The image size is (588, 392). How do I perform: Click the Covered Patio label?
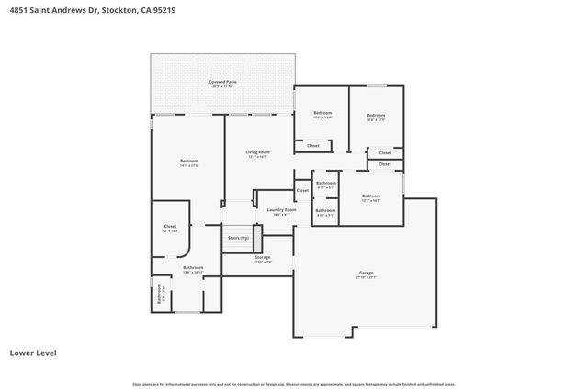[x=222, y=82]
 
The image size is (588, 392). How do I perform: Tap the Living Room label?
[x=257, y=151]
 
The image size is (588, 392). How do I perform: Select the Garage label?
[x=366, y=273]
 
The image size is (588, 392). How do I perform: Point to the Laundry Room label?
[x=281, y=209]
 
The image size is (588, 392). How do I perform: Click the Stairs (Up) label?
[x=237, y=238]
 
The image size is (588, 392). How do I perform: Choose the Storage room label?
[x=263, y=257]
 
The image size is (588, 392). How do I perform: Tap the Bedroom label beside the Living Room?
[x=189, y=161]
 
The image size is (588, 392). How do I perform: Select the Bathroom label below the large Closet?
[x=192, y=267]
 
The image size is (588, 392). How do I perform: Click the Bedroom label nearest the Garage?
[x=371, y=196]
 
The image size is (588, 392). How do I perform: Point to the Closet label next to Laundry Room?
[x=302, y=190]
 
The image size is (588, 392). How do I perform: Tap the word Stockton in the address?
[x=129, y=11]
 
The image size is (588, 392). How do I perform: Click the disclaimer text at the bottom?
[x=293, y=384]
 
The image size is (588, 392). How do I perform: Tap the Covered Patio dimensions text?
[x=222, y=86]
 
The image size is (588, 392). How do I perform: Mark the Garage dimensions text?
[x=366, y=277]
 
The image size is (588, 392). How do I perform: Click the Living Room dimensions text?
[x=257, y=156]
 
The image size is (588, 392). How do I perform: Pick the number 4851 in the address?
[x=17, y=11]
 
